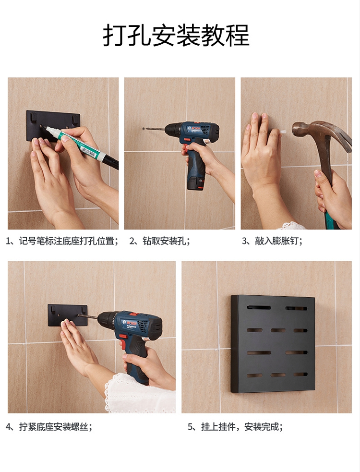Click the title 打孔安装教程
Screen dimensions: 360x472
[x=176, y=35]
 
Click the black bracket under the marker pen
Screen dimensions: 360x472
[x=53, y=125]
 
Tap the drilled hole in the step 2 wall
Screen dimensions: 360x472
[x=144, y=129]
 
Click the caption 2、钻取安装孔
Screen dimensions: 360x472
[x=159, y=241]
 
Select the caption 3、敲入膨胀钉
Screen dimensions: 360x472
[x=272, y=241]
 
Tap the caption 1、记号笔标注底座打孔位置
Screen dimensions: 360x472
[x=62, y=241]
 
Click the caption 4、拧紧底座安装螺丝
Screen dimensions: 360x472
[x=49, y=426]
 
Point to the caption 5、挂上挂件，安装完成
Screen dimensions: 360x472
[x=235, y=426]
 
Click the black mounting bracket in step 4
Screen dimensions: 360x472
[x=67, y=315]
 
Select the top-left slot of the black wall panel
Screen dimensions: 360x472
[x=259, y=307]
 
